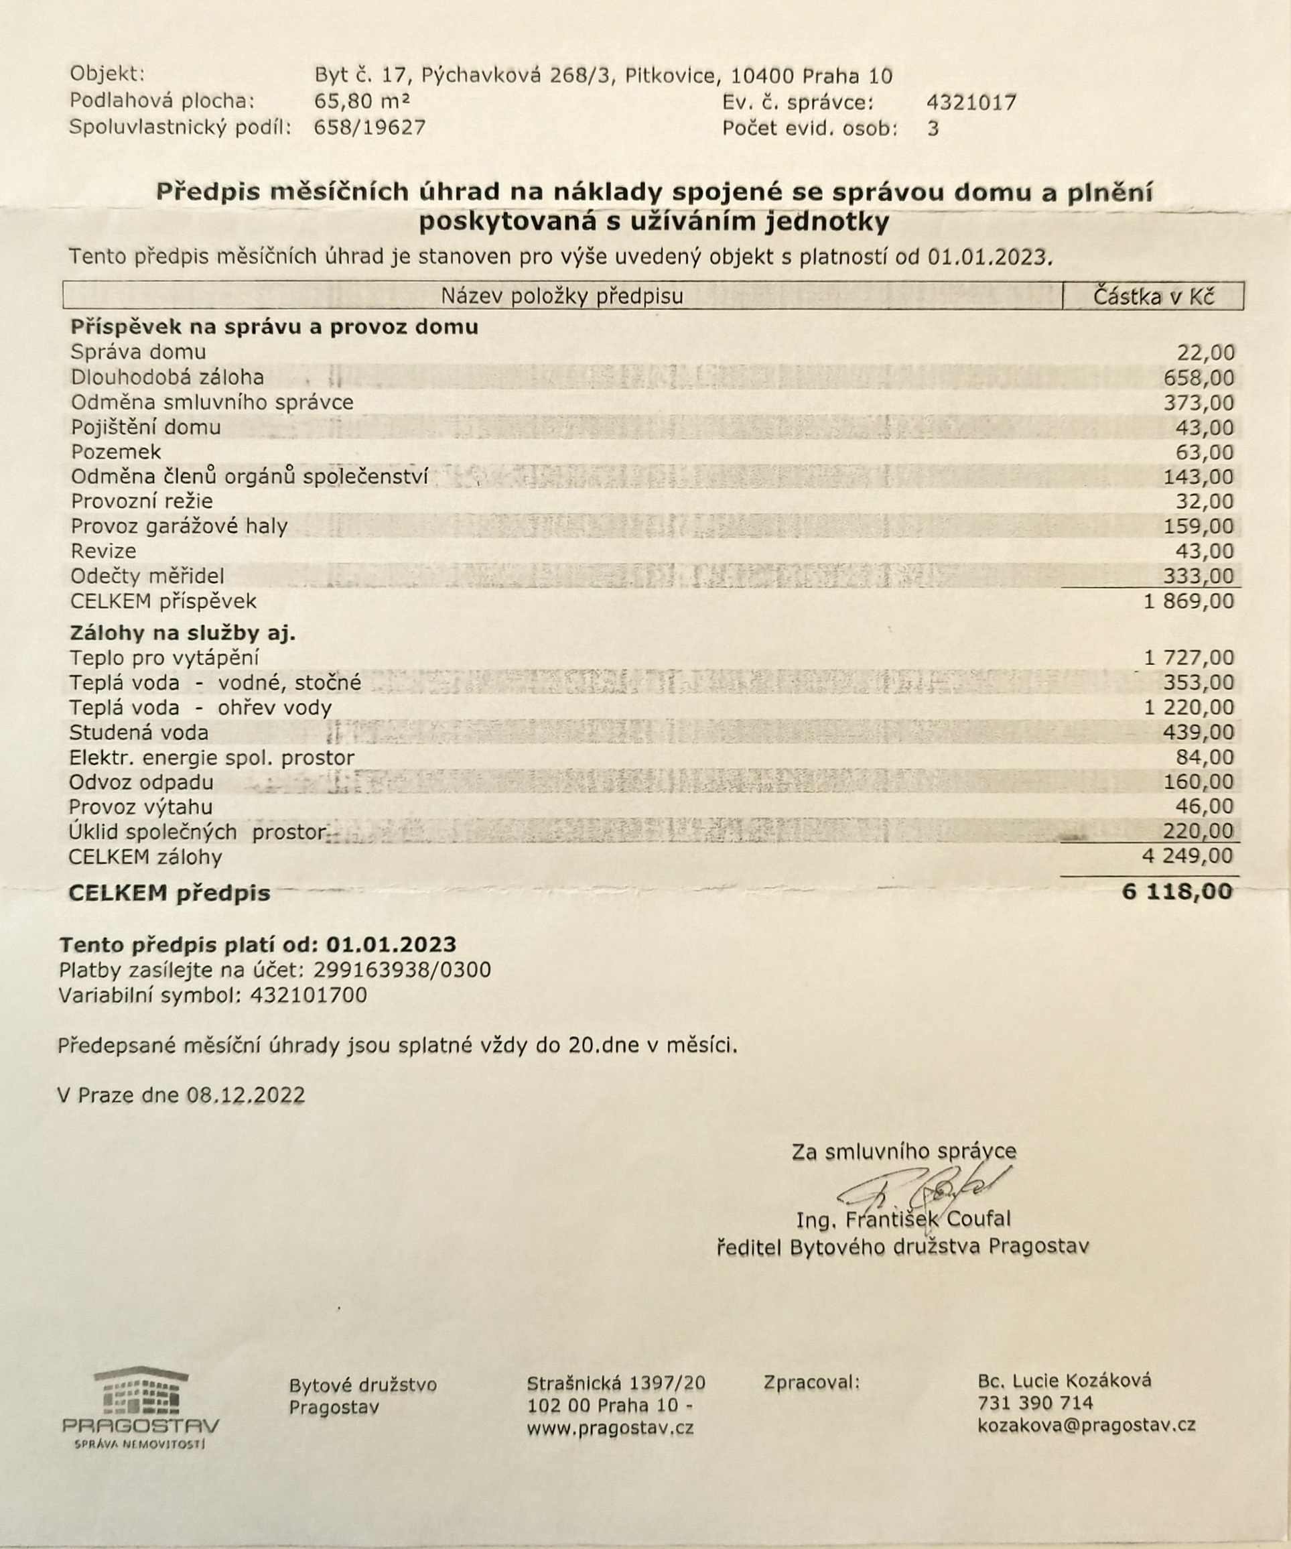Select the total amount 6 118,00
[x=1176, y=891]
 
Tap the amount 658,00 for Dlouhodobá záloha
[x=1198, y=379]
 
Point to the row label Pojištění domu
[x=146, y=427]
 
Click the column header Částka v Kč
[x=1153, y=296]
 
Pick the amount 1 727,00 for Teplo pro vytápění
[x=1188, y=658]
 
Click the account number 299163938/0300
[x=402, y=970]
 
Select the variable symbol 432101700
[x=308, y=995]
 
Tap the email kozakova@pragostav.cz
[x=1086, y=1425]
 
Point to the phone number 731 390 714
[x=1035, y=1402]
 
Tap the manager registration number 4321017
[x=970, y=103]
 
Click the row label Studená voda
[x=139, y=733]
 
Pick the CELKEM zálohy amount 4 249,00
[x=1188, y=857]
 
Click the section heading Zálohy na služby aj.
[x=182, y=633]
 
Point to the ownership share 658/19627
[x=369, y=127]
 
